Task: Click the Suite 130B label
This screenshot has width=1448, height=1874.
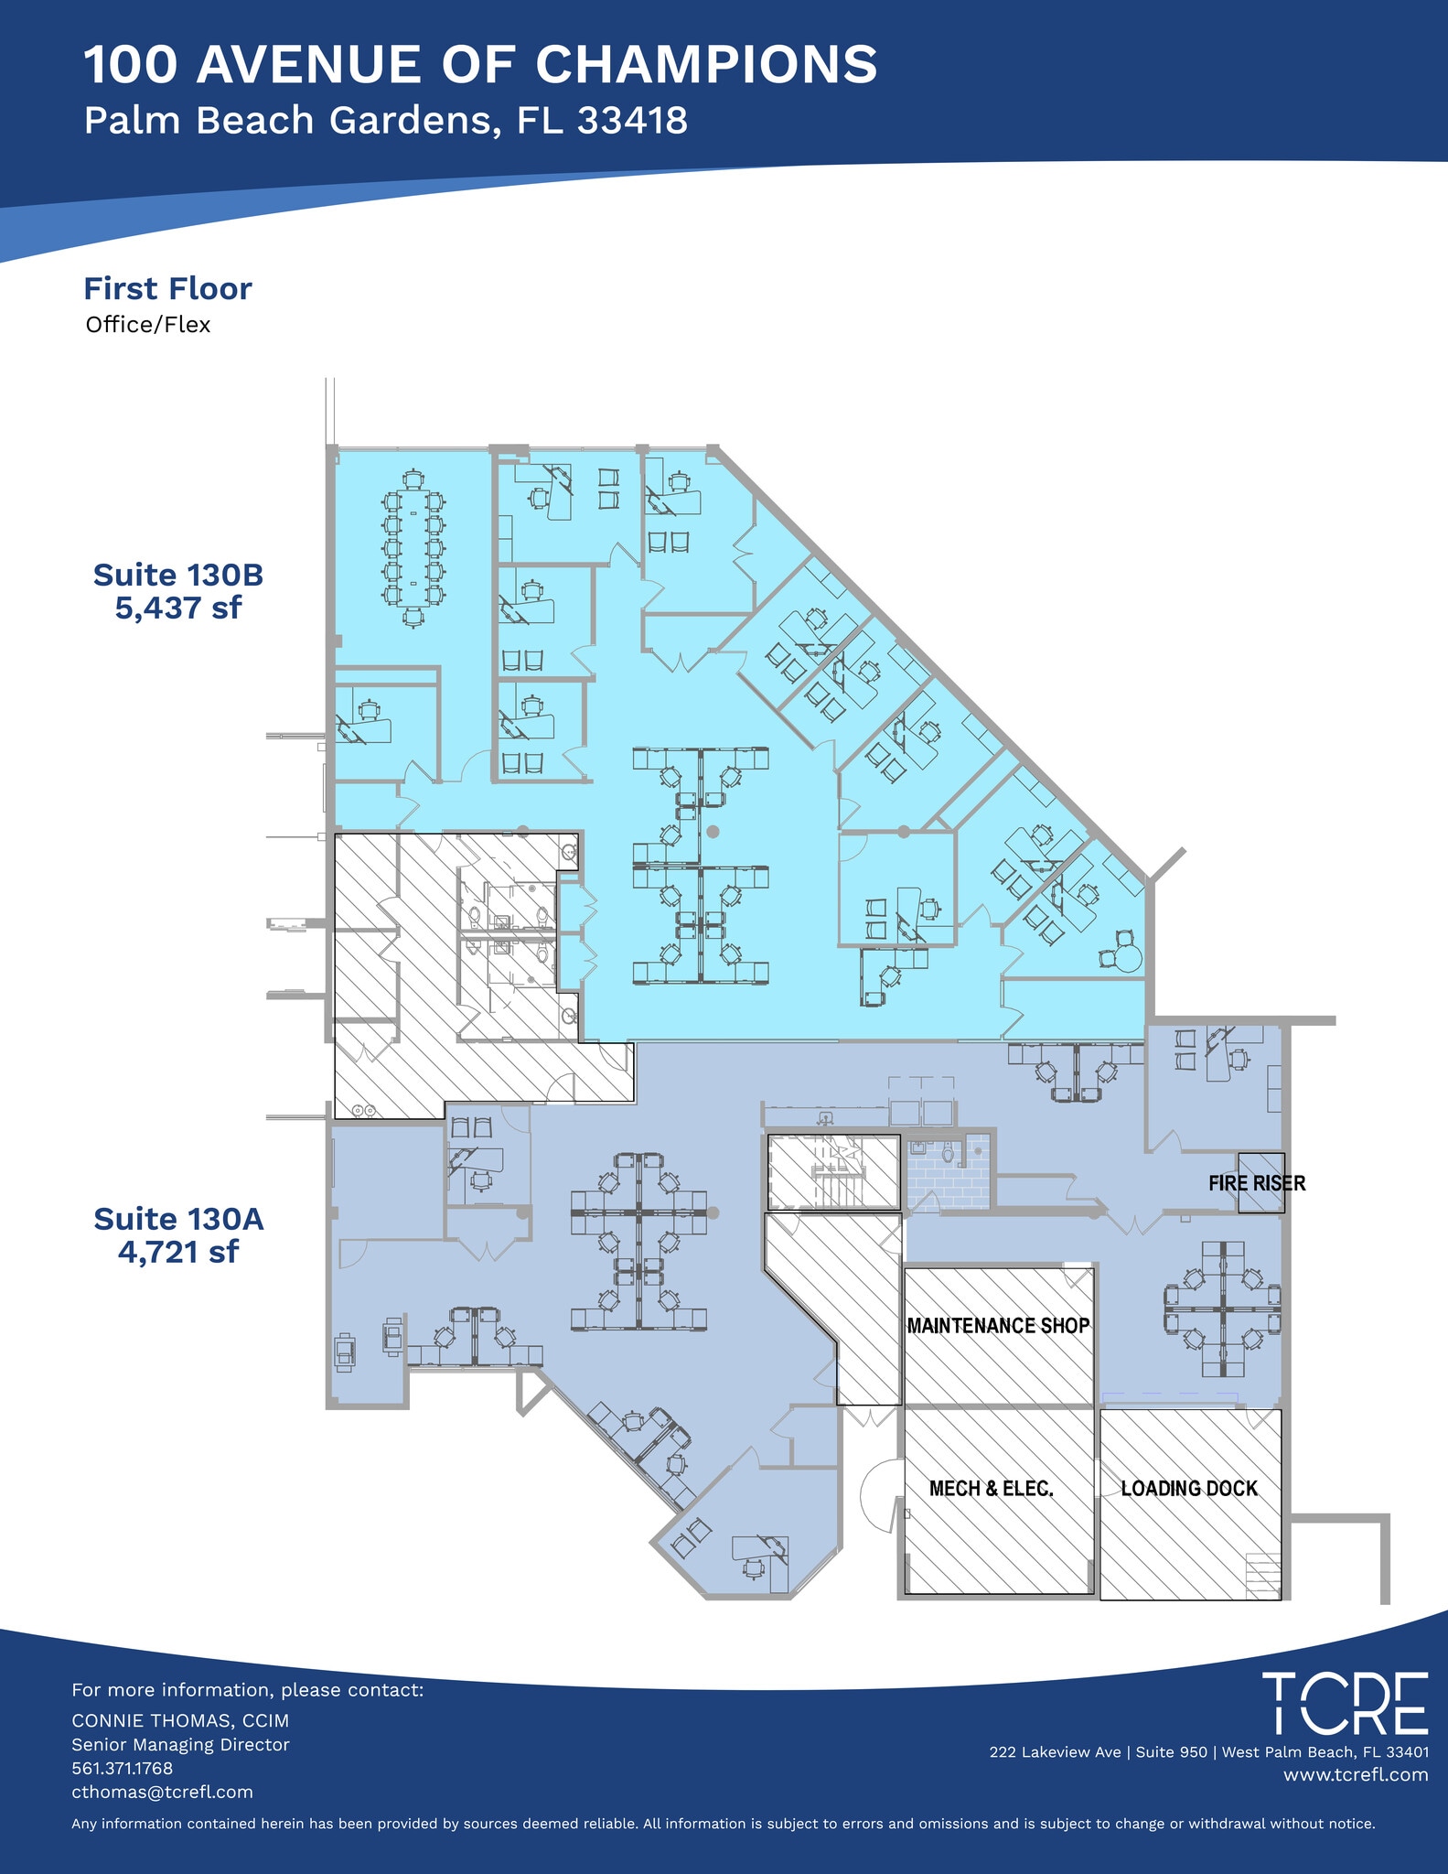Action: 178,576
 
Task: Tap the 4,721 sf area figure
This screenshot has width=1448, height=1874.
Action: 178,1251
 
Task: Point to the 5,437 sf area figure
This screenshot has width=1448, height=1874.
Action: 178,608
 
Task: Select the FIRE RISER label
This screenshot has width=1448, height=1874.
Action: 1257,1183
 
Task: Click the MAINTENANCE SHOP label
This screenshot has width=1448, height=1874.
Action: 998,1326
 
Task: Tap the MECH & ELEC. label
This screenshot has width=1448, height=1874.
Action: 992,1489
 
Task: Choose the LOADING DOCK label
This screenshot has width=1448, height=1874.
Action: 1189,1489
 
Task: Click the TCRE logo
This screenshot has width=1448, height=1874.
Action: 1345,1704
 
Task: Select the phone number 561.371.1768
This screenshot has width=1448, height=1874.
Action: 123,1769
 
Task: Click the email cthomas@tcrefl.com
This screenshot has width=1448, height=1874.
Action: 163,1793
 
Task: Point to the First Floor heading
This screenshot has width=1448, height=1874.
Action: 167,289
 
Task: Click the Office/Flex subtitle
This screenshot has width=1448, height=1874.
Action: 148,325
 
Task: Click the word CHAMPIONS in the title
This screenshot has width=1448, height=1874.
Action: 706,66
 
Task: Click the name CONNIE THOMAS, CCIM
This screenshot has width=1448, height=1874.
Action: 180,1721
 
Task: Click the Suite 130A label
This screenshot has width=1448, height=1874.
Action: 178,1219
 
